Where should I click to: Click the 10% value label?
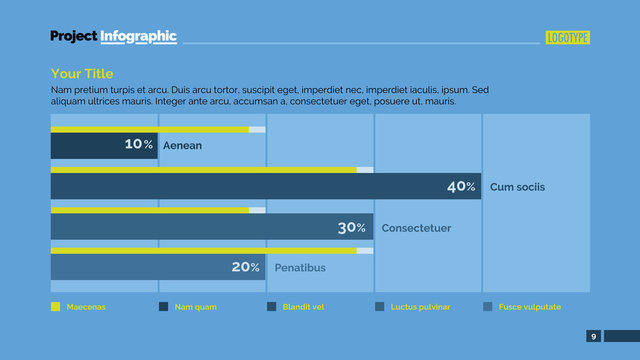click(x=139, y=145)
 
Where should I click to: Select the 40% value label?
click(x=461, y=187)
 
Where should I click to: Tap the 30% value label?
click(x=352, y=228)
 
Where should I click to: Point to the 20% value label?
click(x=245, y=267)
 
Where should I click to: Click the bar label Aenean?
click(x=182, y=146)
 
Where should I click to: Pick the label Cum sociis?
click(x=518, y=187)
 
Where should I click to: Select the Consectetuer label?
click(x=416, y=228)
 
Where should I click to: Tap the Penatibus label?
click(x=300, y=268)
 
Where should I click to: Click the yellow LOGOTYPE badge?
click(x=567, y=38)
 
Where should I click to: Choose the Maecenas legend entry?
click(x=85, y=307)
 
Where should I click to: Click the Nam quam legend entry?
click(x=195, y=307)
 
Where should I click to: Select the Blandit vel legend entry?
click(x=303, y=307)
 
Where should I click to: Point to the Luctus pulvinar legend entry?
click(x=420, y=307)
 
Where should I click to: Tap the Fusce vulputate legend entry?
click(x=530, y=307)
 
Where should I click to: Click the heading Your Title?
click(x=82, y=74)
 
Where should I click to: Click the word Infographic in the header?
click(x=138, y=37)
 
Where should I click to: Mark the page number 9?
click(x=594, y=336)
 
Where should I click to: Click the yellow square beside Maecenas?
click(x=55, y=307)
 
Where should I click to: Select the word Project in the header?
click(x=73, y=37)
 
